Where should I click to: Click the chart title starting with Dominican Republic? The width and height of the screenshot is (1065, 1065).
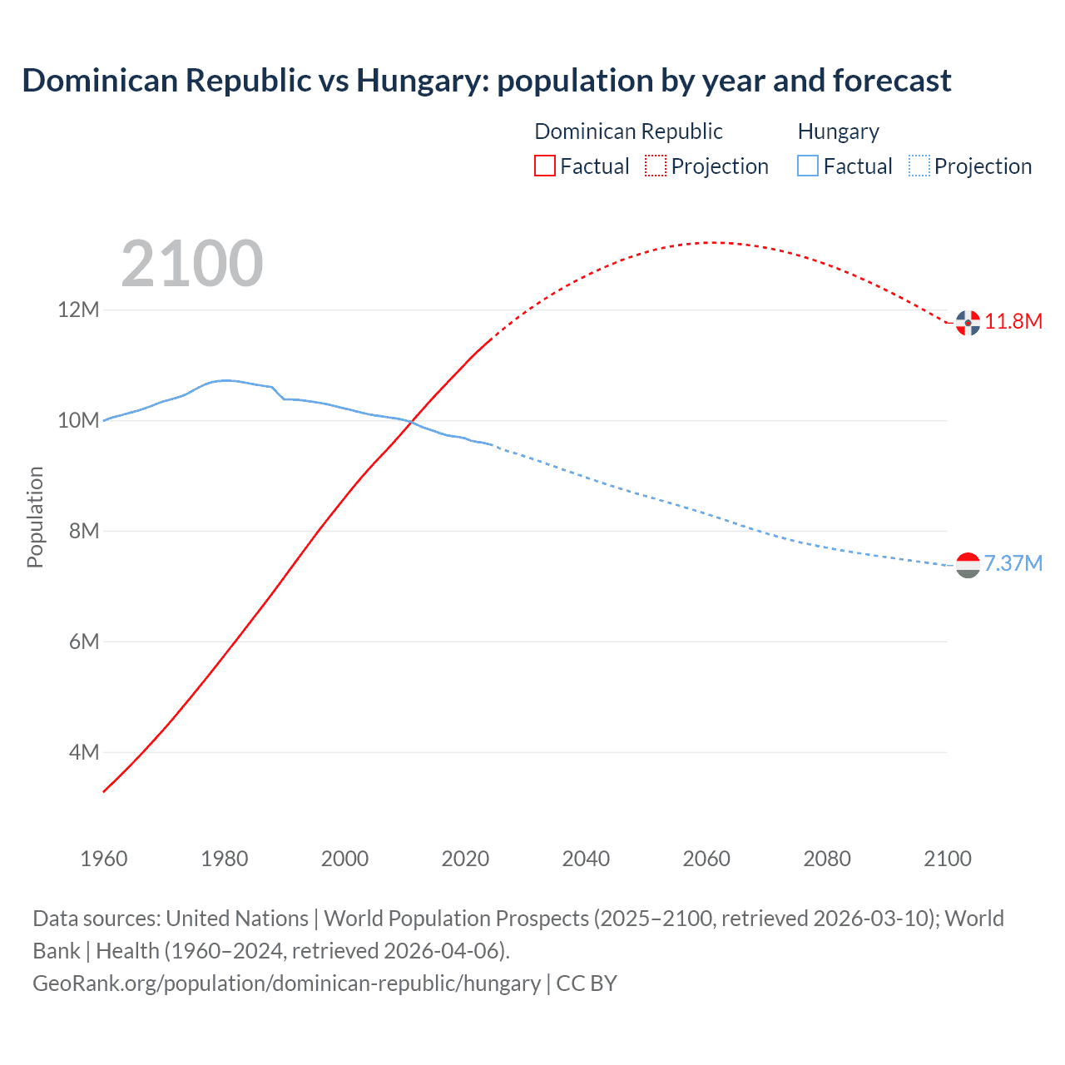pyautogui.click(x=487, y=81)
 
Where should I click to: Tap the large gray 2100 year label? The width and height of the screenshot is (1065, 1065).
pyautogui.click(x=192, y=264)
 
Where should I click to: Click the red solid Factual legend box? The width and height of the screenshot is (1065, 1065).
pyautogui.click(x=544, y=166)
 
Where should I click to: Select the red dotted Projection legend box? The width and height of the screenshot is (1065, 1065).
pyautogui.click(x=656, y=166)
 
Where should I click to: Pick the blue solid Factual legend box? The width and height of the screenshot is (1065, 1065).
pyautogui.click(x=808, y=166)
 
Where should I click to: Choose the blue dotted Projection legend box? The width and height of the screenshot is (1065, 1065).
pyautogui.click(x=919, y=166)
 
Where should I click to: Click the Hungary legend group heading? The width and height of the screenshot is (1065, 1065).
pyautogui.click(x=838, y=131)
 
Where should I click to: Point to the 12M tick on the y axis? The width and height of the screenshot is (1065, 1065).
pyautogui.click(x=78, y=310)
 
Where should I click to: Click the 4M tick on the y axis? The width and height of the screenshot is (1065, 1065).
pyautogui.click(x=83, y=752)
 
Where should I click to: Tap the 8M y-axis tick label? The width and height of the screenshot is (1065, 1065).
pyautogui.click(x=83, y=531)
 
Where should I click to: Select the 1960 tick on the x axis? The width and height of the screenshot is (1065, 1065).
pyautogui.click(x=104, y=859)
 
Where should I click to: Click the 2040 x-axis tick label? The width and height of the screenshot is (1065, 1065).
pyautogui.click(x=586, y=859)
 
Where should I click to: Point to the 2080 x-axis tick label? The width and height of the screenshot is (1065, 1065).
pyautogui.click(x=827, y=859)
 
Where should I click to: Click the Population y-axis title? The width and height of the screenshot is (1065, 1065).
pyautogui.click(x=35, y=517)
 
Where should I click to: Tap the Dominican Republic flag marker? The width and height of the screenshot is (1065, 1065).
pyautogui.click(x=968, y=323)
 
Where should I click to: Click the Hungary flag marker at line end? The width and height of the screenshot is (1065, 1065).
pyautogui.click(x=968, y=565)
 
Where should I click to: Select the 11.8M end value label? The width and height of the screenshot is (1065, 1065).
pyautogui.click(x=1013, y=321)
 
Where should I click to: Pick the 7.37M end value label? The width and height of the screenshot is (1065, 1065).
pyautogui.click(x=1013, y=563)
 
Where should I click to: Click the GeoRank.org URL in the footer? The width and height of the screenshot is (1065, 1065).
pyautogui.click(x=286, y=983)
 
